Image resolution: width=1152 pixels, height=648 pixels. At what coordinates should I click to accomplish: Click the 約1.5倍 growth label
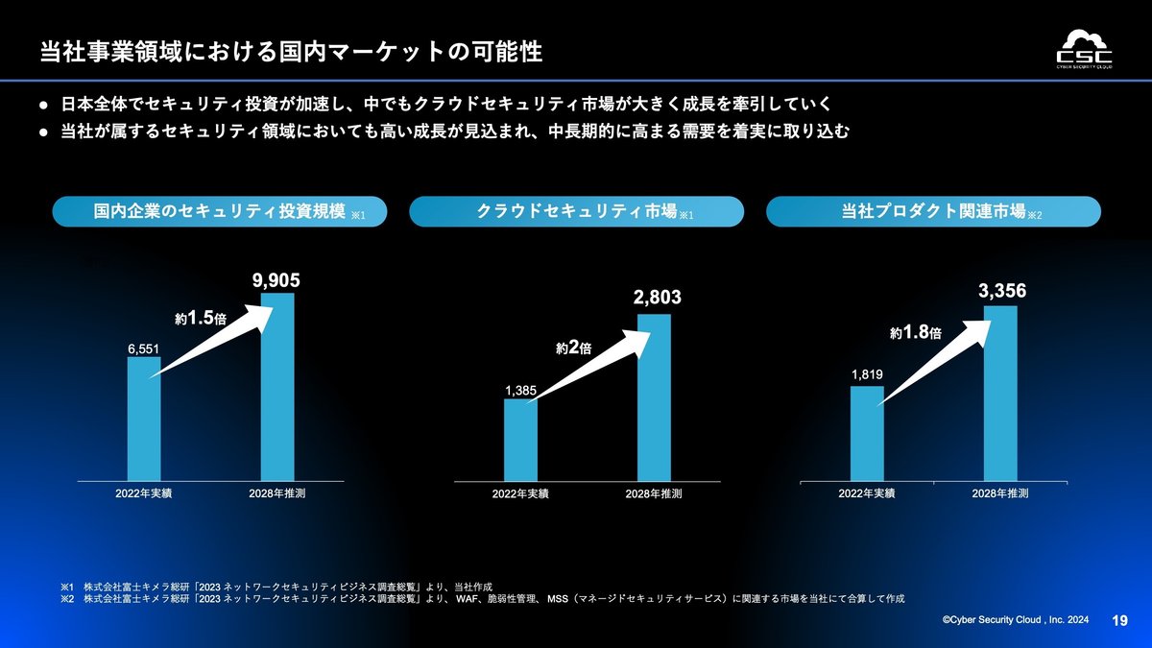pos(200,317)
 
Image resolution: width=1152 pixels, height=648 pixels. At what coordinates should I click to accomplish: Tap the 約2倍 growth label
pos(573,348)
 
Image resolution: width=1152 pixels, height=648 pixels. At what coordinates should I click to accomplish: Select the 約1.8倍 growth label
pos(915,333)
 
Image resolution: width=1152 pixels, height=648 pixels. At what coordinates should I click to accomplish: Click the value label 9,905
pos(276,280)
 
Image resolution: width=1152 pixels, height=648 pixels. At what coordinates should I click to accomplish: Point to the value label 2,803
pos(657,299)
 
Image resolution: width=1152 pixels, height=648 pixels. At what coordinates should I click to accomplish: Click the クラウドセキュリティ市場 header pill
pos(576,212)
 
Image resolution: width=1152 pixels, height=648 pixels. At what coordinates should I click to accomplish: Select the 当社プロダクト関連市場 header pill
pos(933,212)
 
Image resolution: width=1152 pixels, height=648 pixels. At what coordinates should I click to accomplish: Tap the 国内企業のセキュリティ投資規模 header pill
pos(220,212)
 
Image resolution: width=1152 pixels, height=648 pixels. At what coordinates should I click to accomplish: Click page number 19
pos(1119,621)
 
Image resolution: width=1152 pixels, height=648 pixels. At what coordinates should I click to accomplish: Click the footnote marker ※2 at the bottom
pos(66,598)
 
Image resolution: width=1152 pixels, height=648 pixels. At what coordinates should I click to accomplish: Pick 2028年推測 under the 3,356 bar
pos(1000,493)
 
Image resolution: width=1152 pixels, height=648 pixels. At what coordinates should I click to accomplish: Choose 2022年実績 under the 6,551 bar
pos(144,493)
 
